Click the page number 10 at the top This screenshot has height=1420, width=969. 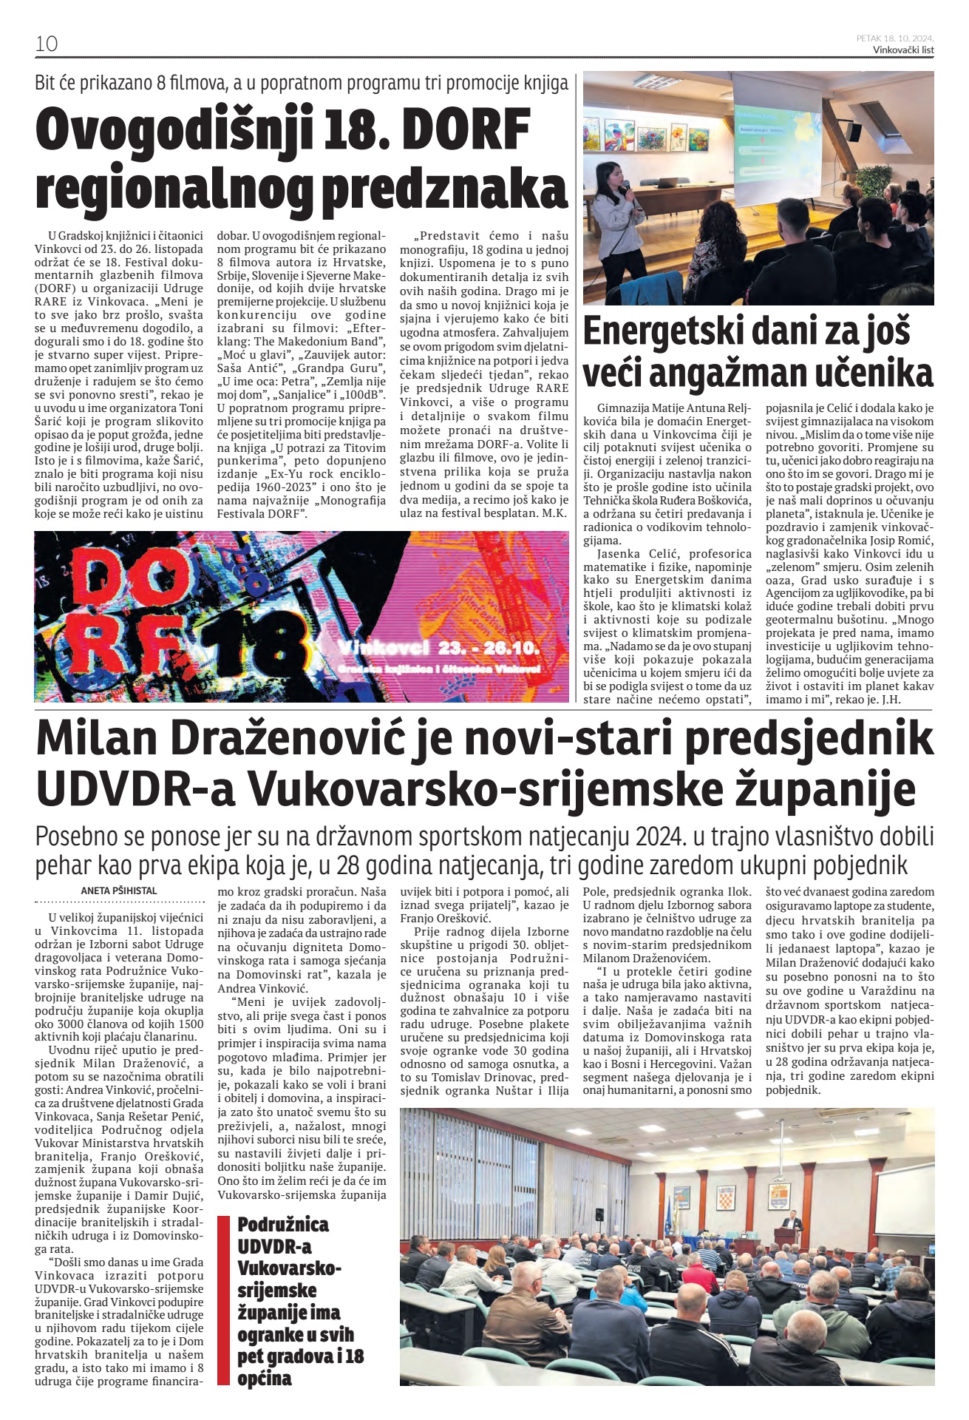point(46,44)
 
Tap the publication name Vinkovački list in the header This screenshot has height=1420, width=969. point(903,50)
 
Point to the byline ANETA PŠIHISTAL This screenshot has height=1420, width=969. point(118,890)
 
